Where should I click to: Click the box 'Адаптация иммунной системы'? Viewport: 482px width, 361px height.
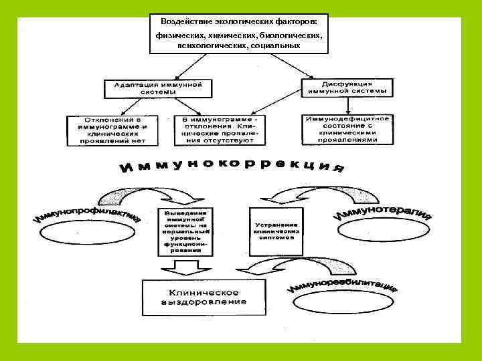pyautogui.click(x=157, y=89)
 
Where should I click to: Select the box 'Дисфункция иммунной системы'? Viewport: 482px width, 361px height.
pyautogui.click(x=348, y=87)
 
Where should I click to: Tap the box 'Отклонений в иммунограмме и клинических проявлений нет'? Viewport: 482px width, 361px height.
pyautogui.click(x=112, y=130)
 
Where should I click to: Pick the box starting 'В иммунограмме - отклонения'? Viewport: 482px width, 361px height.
pyautogui.click(x=219, y=130)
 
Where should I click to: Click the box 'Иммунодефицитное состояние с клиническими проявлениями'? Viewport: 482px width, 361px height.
pyautogui.click(x=347, y=129)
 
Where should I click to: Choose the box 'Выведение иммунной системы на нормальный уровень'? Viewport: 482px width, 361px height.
pyautogui.click(x=185, y=231)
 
